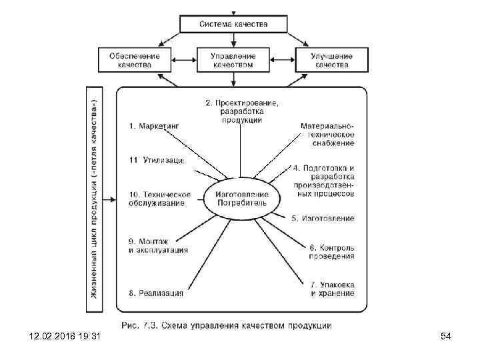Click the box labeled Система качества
coord(233,24)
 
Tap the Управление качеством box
coord(233,60)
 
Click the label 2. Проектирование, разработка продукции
coord(241,111)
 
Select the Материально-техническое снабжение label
coord(327,134)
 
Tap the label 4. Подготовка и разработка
coord(323,180)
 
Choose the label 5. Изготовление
coord(323,218)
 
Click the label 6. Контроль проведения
coord(331,251)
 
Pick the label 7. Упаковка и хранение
coord(331,289)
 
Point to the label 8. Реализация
coord(156,292)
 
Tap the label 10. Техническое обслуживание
coord(159,198)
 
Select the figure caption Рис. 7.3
coord(226,326)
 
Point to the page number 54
coord(446,337)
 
